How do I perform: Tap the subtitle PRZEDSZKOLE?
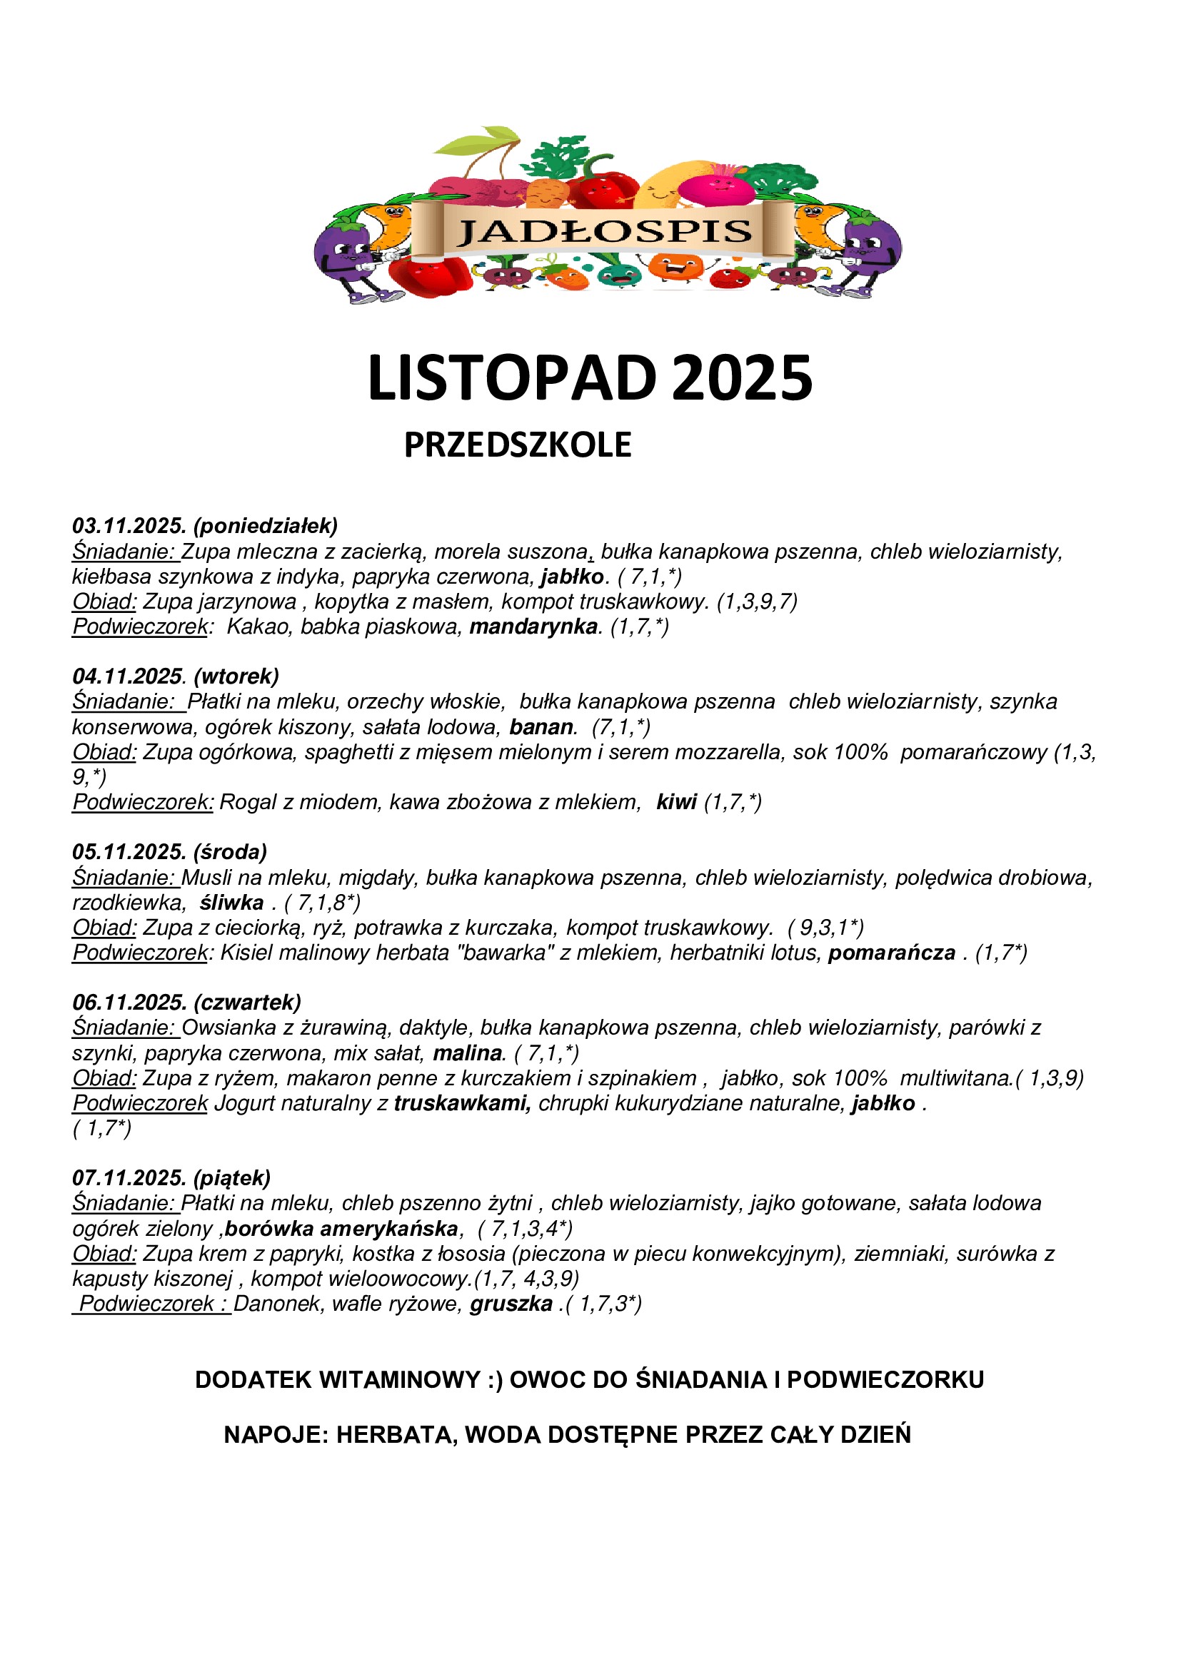tap(517, 445)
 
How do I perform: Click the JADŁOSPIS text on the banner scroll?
tap(603, 232)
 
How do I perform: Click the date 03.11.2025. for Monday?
tap(129, 526)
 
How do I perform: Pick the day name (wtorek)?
tap(236, 676)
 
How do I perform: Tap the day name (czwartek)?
tap(247, 1003)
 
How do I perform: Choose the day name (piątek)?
tap(232, 1177)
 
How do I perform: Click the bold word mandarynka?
tap(534, 626)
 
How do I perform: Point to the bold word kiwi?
tap(676, 802)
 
